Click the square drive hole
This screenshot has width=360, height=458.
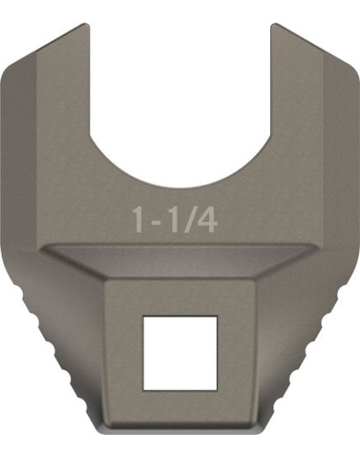click(180, 353)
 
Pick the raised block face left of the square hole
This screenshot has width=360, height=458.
click(123, 353)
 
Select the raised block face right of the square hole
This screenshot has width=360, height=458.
click(237, 353)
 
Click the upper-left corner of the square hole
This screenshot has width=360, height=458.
click(145, 317)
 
